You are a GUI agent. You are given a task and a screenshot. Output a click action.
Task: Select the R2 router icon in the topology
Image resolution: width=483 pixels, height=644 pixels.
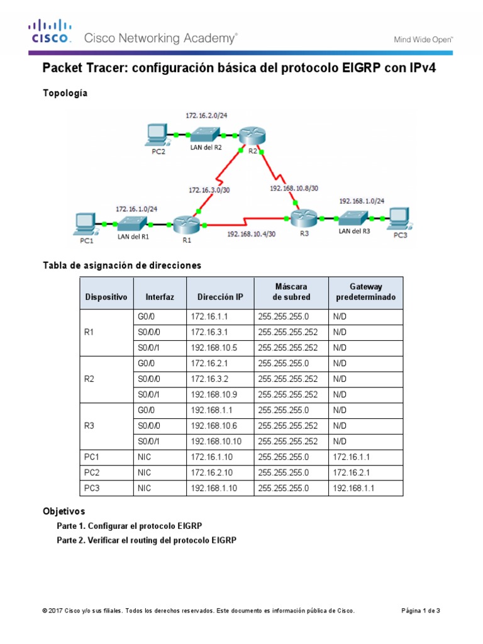(x=252, y=135)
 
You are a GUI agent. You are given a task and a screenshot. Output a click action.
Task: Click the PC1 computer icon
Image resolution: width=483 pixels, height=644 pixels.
(x=84, y=224)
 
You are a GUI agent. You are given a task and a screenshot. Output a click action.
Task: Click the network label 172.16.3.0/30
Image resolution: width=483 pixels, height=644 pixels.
(x=210, y=188)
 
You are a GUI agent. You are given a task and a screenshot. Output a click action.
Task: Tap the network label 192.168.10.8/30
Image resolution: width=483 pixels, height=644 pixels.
(x=294, y=187)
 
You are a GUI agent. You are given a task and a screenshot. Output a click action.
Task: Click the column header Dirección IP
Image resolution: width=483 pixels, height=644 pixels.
(x=219, y=297)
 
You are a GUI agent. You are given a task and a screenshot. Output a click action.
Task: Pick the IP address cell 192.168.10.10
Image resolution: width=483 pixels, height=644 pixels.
(x=219, y=441)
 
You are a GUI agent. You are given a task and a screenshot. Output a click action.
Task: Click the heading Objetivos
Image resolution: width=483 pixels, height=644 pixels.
(x=64, y=511)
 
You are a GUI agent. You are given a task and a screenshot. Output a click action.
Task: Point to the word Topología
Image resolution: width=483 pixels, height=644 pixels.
(x=65, y=93)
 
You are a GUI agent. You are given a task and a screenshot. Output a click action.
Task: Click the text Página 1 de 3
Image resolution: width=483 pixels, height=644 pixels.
(x=421, y=611)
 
